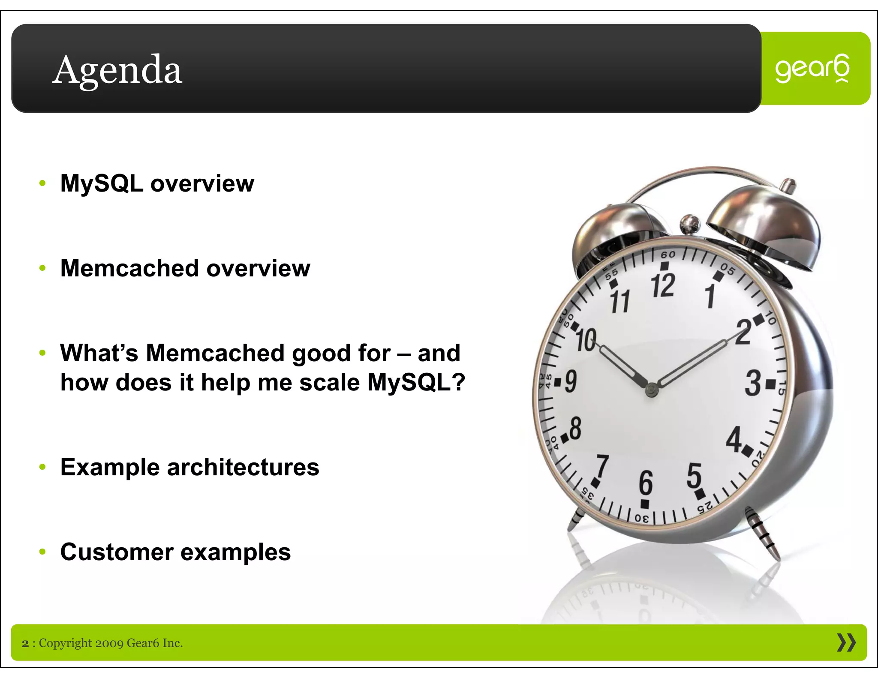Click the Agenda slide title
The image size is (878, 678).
tap(117, 70)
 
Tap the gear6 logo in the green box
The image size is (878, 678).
tap(812, 69)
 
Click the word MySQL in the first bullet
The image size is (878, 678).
tap(102, 183)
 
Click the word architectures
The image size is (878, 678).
tap(243, 467)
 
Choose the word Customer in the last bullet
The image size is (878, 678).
tap(117, 552)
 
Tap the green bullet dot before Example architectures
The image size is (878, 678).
tap(42, 467)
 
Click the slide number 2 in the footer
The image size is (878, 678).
tap(25, 643)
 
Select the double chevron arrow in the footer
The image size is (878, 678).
tap(846, 643)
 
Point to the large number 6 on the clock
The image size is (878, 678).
tap(646, 483)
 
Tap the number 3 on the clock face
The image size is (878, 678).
tap(753, 383)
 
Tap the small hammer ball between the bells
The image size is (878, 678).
tap(690, 223)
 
